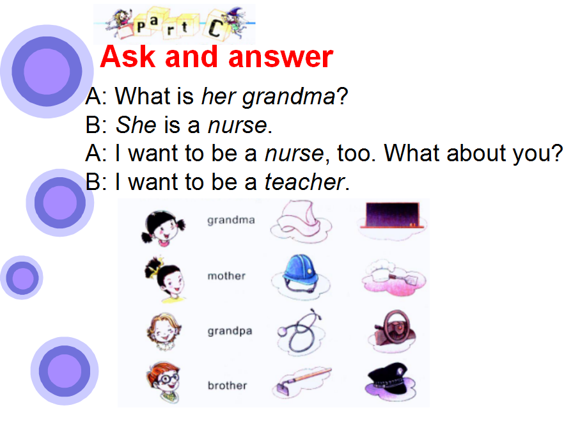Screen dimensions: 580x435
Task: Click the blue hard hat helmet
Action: [301, 274]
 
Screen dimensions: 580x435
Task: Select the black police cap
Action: [390, 380]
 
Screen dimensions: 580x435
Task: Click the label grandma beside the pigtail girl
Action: [231, 221]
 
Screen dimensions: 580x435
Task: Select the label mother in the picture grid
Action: [226, 276]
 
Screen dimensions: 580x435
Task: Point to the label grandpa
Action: [230, 331]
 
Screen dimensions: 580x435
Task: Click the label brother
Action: [227, 386]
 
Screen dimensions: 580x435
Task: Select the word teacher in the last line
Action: [305, 182]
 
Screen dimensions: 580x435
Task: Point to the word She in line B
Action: [136, 125]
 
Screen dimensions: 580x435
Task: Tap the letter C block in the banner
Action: [216, 27]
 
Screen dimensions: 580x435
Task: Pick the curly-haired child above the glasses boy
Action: [164, 332]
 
